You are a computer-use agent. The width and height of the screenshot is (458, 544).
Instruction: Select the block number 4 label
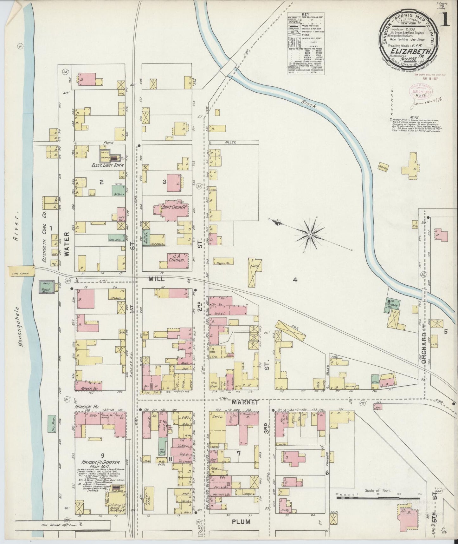point(295,280)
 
